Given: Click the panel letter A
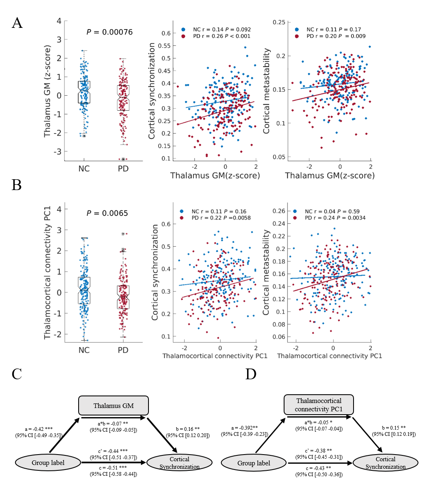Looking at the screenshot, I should click(x=17, y=22).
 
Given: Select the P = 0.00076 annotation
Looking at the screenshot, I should click(x=109, y=32).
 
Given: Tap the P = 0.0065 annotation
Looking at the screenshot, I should click(x=107, y=213).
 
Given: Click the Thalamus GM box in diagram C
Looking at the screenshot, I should click(x=114, y=405).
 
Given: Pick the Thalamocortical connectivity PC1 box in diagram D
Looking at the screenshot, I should click(x=319, y=405).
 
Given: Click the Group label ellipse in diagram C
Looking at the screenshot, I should click(x=49, y=462).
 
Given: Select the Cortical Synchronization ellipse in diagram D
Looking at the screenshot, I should click(x=386, y=463).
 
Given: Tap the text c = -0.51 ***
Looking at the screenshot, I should click(x=113, y=467).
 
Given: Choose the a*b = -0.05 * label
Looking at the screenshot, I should click(x=318, y=422).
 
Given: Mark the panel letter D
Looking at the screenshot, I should click(x=251, y=374).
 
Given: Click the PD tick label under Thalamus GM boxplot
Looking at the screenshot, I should click(x=123, y=169).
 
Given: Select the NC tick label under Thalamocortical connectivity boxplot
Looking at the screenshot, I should click(x=84, y=350).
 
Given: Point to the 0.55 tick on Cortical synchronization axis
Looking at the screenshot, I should click(x=166, y=46).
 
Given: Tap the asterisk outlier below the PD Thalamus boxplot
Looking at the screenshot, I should click(x=124, y=159).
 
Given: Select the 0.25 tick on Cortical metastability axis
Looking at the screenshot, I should click(x=280, y=22).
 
